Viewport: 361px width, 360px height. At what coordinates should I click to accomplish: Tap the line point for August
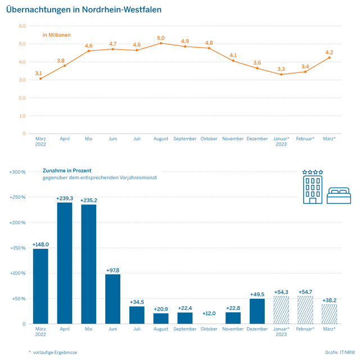click(161, 43)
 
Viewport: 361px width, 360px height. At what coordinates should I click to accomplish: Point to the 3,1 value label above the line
click(38, 73)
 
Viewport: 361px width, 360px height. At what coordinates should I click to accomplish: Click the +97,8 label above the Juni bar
click(112, 270)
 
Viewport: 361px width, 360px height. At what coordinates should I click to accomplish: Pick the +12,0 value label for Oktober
click(209, 313)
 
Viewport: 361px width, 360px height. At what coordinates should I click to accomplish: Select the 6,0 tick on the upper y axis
click(22, 26)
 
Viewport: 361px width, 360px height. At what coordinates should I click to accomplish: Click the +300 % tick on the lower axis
click(18, 172)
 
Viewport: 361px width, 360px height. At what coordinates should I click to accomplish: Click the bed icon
click(339, 195)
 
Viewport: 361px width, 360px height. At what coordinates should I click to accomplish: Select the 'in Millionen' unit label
click(57, 35)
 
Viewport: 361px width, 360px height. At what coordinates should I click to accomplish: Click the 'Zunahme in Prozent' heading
click(67, 170)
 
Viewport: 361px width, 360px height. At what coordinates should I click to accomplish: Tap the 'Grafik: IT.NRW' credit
click(340, 352)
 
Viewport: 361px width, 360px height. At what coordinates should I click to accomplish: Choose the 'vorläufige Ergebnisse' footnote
click(56, 352)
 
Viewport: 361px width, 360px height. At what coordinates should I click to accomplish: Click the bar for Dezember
click(257, 311)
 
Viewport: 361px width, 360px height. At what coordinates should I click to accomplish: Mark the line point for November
click(233, 61)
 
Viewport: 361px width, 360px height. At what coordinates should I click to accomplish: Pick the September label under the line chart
click(185, 139)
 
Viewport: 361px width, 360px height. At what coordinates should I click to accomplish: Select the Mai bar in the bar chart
click(89, 264)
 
